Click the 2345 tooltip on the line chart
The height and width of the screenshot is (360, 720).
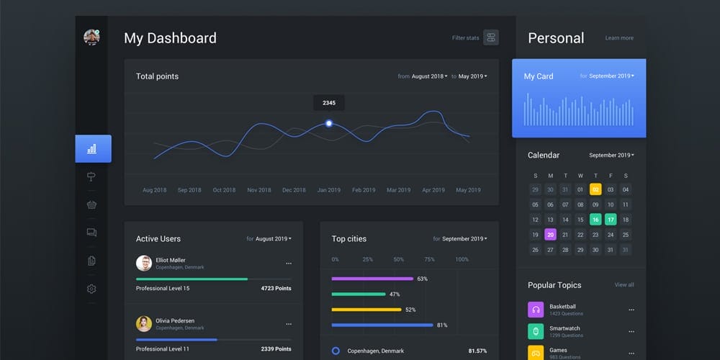328,103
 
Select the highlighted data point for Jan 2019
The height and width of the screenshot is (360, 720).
329,123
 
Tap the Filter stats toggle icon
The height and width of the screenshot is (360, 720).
491,38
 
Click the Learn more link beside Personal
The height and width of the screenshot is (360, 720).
619,38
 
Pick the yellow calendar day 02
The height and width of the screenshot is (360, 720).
595,189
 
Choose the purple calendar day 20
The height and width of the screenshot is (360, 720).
550,235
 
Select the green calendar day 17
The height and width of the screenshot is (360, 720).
611,220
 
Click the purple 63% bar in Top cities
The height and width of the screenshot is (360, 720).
372,279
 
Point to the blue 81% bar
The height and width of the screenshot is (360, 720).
382,325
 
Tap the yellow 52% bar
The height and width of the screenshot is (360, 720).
366,310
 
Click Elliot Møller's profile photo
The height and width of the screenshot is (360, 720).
144,263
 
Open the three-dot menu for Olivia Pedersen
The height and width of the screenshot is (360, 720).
289,324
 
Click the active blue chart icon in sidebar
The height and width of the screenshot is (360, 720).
92,149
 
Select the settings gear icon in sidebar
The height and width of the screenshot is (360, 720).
91,289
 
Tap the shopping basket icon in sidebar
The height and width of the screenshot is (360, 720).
91,204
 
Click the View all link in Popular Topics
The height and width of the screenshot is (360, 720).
624,285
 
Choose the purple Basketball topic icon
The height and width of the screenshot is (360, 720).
536,310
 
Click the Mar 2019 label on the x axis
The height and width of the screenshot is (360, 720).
399,190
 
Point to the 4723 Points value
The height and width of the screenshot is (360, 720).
276,288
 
